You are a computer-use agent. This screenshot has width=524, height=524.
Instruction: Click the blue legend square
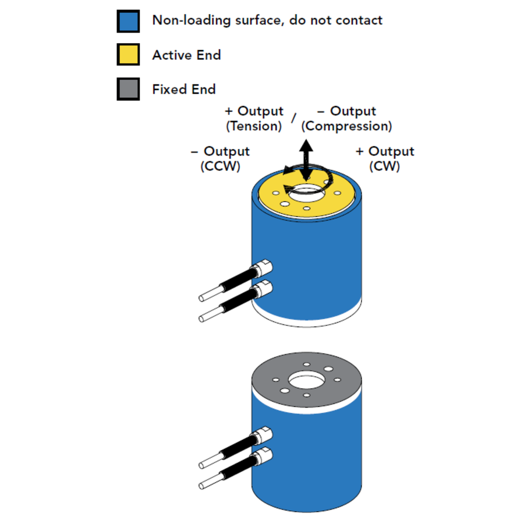pyautogui.click(x=128, y=21)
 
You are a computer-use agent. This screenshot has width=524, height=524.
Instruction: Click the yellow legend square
pyautogui.click(x=128, y=55)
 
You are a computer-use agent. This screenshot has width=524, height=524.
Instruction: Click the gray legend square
pyautogui.click(x=128, y=89)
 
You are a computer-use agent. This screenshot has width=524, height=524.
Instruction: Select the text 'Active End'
pyautogui.click(x=186, y=55)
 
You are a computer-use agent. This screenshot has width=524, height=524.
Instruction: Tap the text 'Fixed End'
pyautogui.click(x=184, y=90)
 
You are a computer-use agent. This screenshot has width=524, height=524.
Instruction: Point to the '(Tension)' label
pyautogui.click(x=254, y=126)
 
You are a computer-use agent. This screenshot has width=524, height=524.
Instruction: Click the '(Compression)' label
pyautogui.click(x=347, y=126)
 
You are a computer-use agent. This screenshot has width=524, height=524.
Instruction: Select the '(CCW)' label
pyautogui.click(x=221, y=167)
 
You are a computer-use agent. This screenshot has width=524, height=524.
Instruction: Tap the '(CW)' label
pyautogui.click(x=385, y=167)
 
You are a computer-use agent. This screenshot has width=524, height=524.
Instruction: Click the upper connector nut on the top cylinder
pyautogui.click(x=264, y=268)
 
